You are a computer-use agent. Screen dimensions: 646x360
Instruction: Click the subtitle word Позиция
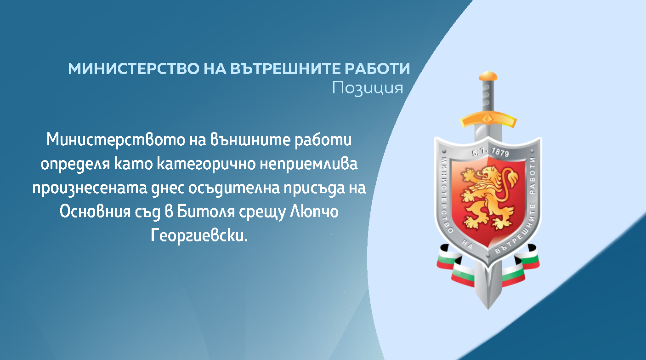(368, 88)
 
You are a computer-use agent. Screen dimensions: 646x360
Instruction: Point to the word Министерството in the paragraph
(116, 140)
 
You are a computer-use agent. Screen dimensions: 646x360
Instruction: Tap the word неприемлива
(309, 164)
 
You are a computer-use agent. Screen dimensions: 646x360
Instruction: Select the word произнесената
(90, 189)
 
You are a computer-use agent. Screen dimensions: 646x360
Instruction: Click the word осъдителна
(234, 189)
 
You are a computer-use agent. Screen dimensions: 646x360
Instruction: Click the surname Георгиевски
(199, 235)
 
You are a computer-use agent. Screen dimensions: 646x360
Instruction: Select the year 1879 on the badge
(500, 153)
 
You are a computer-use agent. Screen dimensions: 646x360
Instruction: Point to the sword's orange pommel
(488, 76)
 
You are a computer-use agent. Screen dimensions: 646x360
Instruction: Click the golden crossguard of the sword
(488, 120)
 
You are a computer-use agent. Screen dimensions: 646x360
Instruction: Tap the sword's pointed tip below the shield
(488, 309)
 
